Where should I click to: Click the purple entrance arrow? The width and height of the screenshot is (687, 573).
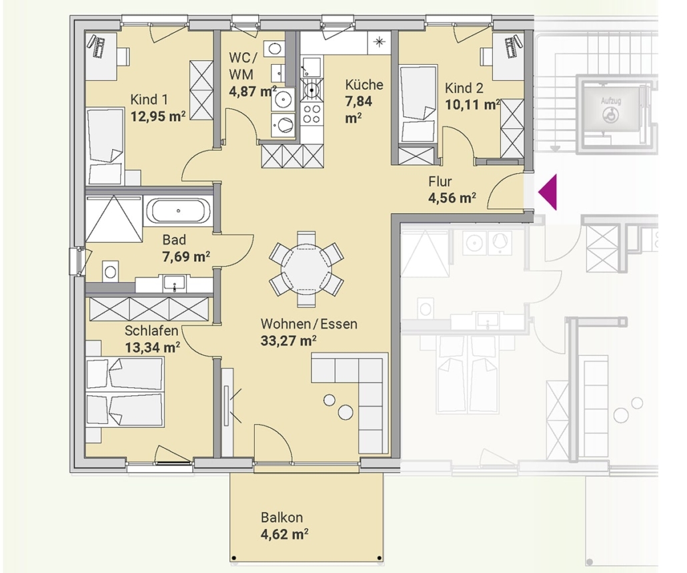(x=548, y=192)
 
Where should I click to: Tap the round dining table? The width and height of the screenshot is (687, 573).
(x=306, y=269)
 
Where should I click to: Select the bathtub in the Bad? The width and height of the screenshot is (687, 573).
(x=178, y=211)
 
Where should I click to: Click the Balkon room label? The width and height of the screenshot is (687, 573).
(x=281, y=518)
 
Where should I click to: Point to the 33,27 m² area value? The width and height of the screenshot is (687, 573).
(x=288, y=341)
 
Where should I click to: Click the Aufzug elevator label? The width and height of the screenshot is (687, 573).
(x=611, y=101)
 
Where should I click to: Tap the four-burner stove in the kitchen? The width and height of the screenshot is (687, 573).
(x=312, y=114)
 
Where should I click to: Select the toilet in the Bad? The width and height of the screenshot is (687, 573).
(x=111, y=272)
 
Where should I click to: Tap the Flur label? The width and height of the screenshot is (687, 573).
(x=440, y=181)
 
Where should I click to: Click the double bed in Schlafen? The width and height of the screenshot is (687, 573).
(x=125, y=391)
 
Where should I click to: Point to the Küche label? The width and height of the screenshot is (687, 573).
(x=364, y=84)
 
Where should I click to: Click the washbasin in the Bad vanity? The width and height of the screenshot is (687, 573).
(x=174, y=283)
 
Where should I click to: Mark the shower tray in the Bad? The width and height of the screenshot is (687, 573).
(x=114, y=218)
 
